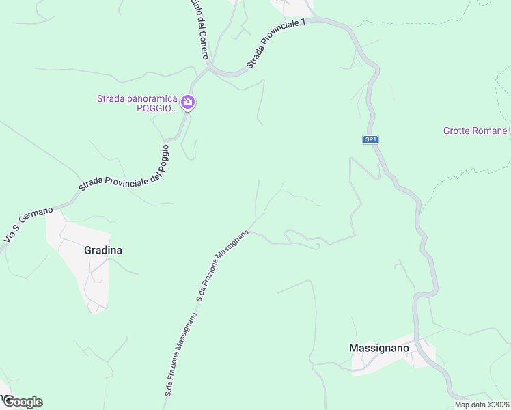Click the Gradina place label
(x=103, y=250)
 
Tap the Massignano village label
(x=379, y=348)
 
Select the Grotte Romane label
(x=475, y=131)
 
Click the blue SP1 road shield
(x=370, y=139)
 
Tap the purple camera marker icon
(x=188, y=103)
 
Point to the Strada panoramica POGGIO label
(x=137, y=103)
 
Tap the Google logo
(x=22, y=401)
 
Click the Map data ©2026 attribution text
(x=482, y=405)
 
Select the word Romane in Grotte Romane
(x=491, y=131)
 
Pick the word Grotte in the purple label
(x=457, y=131)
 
